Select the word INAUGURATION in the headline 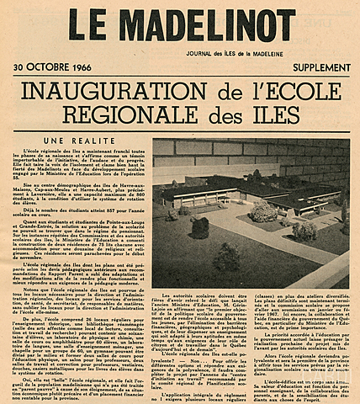coord(106,90)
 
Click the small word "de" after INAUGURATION coord(207,91)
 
